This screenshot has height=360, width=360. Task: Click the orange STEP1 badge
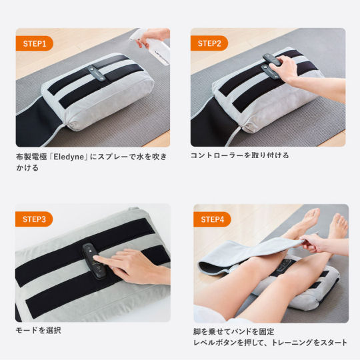pos(34,43)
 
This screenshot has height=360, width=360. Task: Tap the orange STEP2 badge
pos(209,43)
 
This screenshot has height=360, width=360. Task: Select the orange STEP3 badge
pos(34,219)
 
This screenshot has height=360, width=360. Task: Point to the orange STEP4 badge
pos(212,219)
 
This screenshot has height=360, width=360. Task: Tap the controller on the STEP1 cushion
pos(97,73)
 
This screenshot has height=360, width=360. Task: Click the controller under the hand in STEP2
pos(271,66)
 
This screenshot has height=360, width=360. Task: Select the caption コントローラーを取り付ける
pos(239,155)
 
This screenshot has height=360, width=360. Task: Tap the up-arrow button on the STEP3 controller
pos(91,251)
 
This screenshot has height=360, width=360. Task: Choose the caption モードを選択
pos(38,331)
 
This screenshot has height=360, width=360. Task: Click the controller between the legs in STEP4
pos(285,266)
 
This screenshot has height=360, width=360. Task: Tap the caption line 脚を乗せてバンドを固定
pos(234,331)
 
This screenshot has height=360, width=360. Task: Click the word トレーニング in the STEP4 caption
pos(292,343)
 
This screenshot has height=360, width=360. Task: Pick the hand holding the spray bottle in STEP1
pos(152,37)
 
